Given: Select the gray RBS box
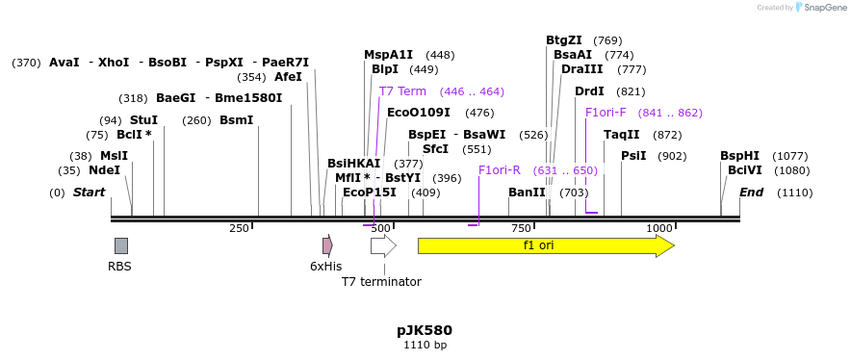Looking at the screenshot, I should pos(120,245).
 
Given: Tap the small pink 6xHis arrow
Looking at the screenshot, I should pos(327,245).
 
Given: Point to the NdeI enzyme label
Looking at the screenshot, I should pos(104,170).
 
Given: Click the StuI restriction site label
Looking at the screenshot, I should pos(143,120).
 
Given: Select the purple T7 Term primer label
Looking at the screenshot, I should pos(402,91).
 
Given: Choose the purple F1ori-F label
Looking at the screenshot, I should pos(606,113).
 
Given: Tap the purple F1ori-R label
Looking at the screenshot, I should pos(499,170).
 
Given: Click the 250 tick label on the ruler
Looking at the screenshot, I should pos(239,228).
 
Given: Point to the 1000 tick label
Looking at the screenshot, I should pos(659,228).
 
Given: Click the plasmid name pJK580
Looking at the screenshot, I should pos(425,330).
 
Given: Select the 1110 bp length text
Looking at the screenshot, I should pos(425,345).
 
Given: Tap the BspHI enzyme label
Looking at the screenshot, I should pos(739,156).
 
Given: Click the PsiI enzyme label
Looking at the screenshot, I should pos(633,156).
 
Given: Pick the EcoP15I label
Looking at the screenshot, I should pos(369,193).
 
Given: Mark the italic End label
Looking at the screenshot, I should pos(751,193).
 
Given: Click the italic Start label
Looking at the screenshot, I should pos(89,193).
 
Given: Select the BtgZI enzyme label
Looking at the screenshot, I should pos(564,40).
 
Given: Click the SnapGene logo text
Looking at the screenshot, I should pos(825,8).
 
